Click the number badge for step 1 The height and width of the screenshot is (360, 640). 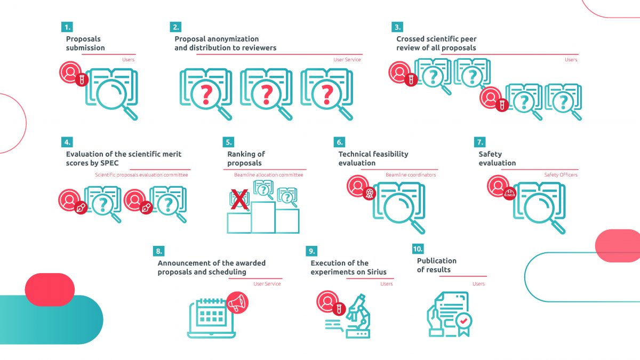(67, 27)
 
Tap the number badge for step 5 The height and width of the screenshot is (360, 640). (228, 142)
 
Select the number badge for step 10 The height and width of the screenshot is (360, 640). (419, 249)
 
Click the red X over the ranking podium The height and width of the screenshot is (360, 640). (240, 201)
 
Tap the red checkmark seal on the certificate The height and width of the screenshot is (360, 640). (463, 321)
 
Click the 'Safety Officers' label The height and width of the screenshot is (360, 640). (561, 175)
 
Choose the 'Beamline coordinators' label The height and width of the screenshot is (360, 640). (411, 175)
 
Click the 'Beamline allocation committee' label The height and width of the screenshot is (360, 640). (268, 175)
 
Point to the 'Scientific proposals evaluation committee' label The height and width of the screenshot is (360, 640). (141, 175)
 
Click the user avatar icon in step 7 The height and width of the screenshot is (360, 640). (498, 186)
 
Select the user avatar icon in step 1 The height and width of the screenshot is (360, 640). (70, 72)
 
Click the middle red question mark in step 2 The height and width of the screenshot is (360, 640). (267, 94)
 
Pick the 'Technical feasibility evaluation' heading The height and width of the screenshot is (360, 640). (373, 158)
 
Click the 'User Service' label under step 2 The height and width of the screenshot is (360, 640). (347, 60)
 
